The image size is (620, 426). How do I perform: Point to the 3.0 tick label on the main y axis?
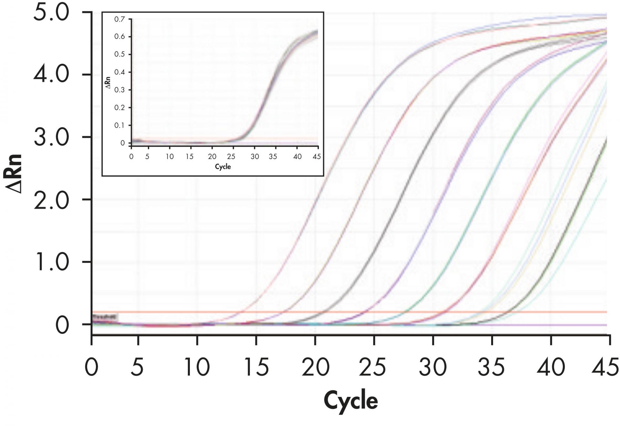tap(51, 138)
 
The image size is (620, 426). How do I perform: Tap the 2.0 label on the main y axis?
tap(51, 200)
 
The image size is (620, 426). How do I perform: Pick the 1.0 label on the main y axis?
tap(51, 262)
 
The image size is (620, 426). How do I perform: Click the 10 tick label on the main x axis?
tap(197, 367)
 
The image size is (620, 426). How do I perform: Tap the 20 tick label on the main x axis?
tap(315, 367)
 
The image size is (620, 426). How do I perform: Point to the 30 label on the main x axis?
tap(433, 367)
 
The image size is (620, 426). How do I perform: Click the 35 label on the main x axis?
tap(491, 367)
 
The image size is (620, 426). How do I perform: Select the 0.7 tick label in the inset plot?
tap(119, 19)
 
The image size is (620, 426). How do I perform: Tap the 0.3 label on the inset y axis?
tap(119, 90)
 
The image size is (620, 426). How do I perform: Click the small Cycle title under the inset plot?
tap(223, 167)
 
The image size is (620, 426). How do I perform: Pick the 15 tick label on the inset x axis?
tap(190, 157)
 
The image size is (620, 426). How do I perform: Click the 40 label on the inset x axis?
tap(297, 157)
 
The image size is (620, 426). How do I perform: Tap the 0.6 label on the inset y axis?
tap(119, 37)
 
